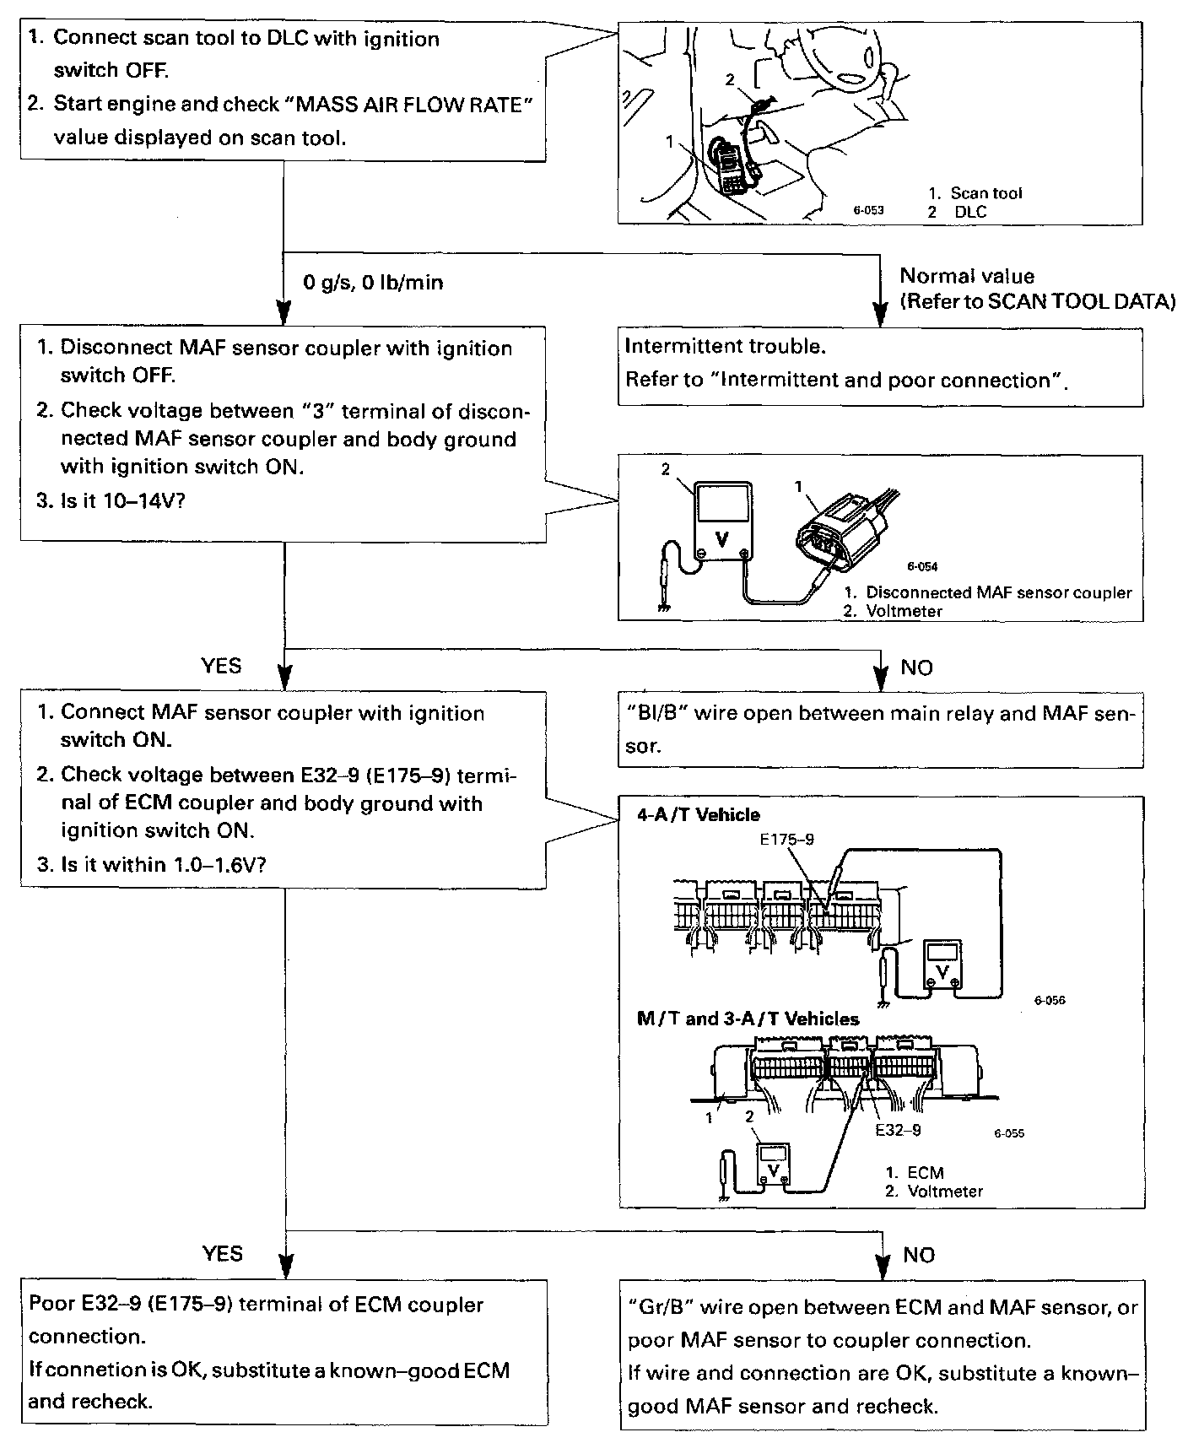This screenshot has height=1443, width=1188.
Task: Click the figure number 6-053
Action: click(x=867, y=210)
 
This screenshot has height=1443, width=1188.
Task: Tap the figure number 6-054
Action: click(x=922, y=567)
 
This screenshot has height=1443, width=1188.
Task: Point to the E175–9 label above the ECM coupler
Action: click(x=786, y=840)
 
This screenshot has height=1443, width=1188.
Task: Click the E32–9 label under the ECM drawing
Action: click(x=898, y=1130)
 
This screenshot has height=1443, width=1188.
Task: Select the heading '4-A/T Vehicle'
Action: click(x=698, y=815)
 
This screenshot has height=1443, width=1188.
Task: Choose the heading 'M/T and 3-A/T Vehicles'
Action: click(x=748, y=1019)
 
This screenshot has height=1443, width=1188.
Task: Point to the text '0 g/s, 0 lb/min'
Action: click(x=373, y=283)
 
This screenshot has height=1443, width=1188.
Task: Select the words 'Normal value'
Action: click(x=967, y=276)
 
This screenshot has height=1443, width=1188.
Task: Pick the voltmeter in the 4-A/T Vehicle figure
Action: click(x=942, y=962)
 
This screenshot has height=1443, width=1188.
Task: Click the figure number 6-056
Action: click(x=1049, y=1001)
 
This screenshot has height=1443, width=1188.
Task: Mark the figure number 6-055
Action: click(x=1008, y=1133)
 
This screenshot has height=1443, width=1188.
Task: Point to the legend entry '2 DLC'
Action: click(x=957, y=212)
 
